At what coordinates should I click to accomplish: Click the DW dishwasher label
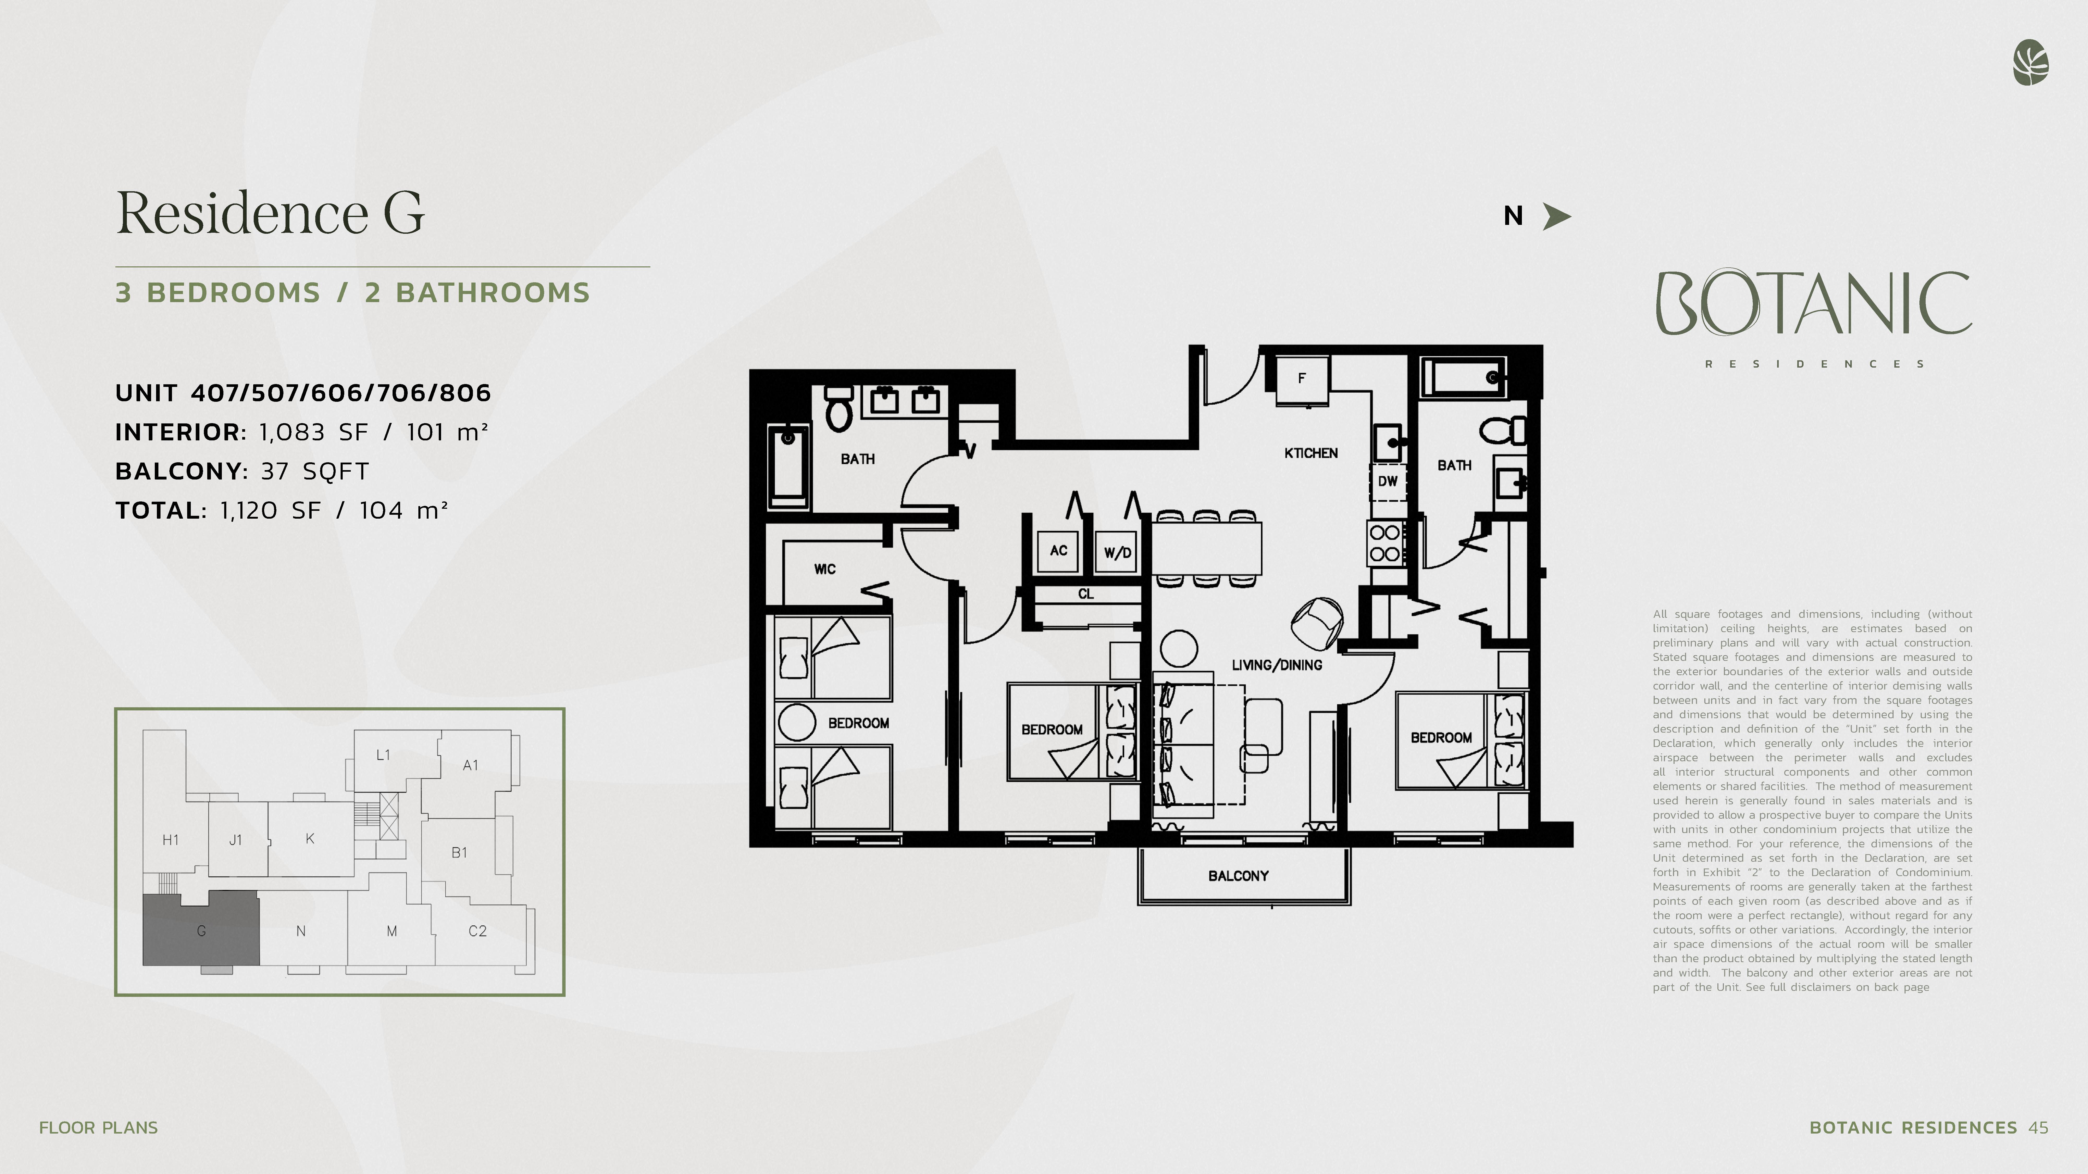(1388, 481)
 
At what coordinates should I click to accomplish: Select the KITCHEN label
(1311, 453)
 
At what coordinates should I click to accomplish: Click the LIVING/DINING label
(1277, 665)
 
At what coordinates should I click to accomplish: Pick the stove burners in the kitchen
(1385, 544)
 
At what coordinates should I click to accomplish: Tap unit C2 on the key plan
(477, 931)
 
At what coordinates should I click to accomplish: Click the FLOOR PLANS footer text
(98, 1128)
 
